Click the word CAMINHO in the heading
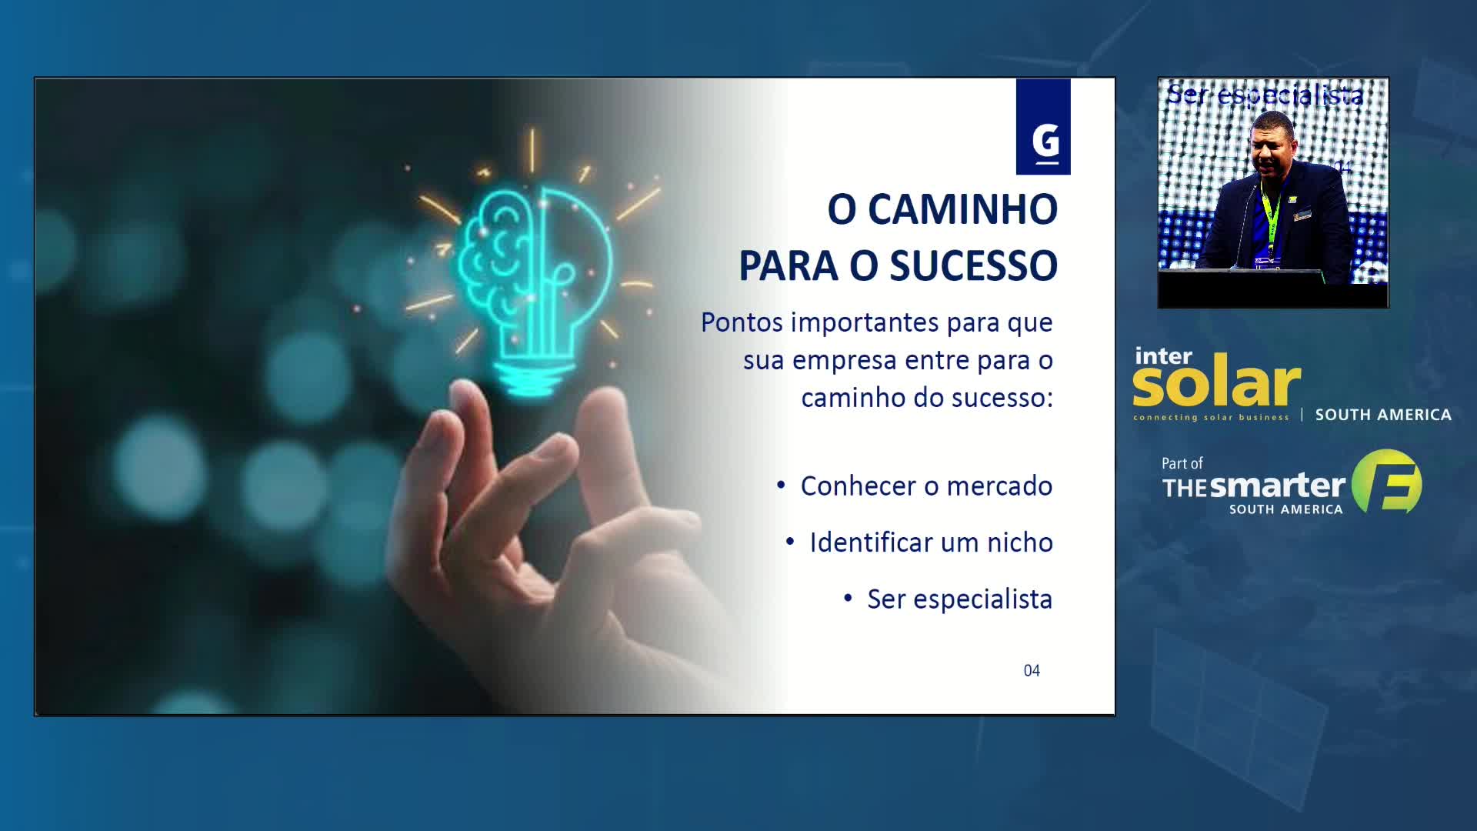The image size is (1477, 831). coord(962,209)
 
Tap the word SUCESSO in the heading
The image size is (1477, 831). coord(973,266)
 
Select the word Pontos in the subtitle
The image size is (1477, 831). coord(742,322)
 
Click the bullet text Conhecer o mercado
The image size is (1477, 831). coord(926,486)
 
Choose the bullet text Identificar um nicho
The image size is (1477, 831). coord(931,542)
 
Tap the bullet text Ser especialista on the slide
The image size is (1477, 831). coord(959,599)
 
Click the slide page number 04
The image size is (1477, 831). coord(1032,671)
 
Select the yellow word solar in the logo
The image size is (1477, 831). coord(1216,382)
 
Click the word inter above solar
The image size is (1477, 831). coord(1163,356)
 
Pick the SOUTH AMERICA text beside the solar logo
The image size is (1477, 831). coord(1383,415)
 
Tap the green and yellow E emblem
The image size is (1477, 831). coord(1388,482)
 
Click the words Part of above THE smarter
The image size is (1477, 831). coord(1182,463)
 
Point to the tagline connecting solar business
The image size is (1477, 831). coord(1211,418)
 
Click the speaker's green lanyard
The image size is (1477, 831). coord(1269,215)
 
